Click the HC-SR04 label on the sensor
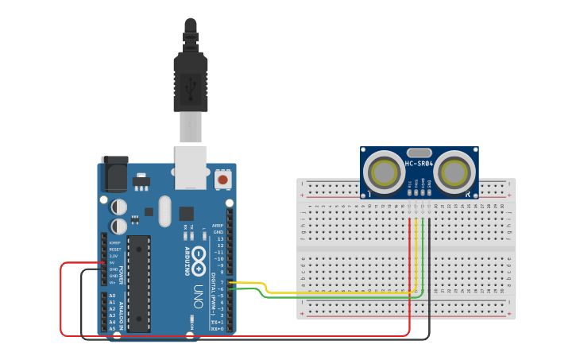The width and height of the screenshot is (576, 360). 419,164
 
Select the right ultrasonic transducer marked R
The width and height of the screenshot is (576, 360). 454,172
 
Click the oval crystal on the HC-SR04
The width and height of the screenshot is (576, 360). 419,153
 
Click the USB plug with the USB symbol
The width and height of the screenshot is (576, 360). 191,83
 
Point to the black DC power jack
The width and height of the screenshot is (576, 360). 114,174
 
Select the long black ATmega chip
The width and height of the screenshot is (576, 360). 138,283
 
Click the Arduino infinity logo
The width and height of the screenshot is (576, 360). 199,261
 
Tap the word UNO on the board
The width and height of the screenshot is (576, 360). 199,298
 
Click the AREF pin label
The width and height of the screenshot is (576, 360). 217,226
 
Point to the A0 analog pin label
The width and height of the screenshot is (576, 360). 112,296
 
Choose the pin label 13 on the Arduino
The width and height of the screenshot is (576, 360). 219,238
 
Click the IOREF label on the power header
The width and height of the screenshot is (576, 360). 115,242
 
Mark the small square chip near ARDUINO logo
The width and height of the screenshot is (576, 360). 186,213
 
